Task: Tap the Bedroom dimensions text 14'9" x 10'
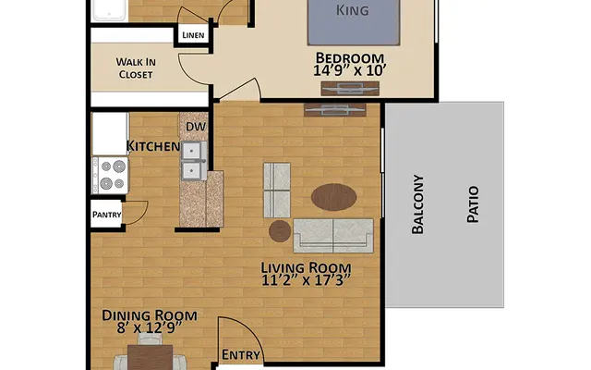(348, 68)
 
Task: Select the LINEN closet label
(193, 36)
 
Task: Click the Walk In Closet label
(135, 68)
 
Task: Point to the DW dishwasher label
(195, 127)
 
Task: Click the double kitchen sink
(194, 160)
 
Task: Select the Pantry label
(106, 214)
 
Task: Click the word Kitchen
(152, 146)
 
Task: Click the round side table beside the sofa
(280, 230)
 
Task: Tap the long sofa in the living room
(332, 236)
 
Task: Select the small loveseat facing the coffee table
(276, 189)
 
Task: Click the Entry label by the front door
(242, 354)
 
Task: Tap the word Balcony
(417, 204)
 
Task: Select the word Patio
(472, 203)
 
